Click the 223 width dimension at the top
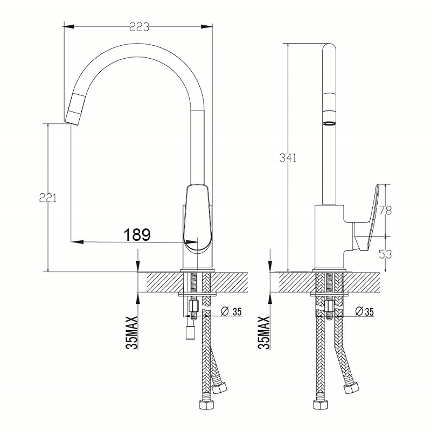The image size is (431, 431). (138, 25)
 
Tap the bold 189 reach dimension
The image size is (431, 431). (137, 234)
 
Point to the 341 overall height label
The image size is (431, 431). (288, 158)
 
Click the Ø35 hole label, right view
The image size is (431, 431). (365, 311)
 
